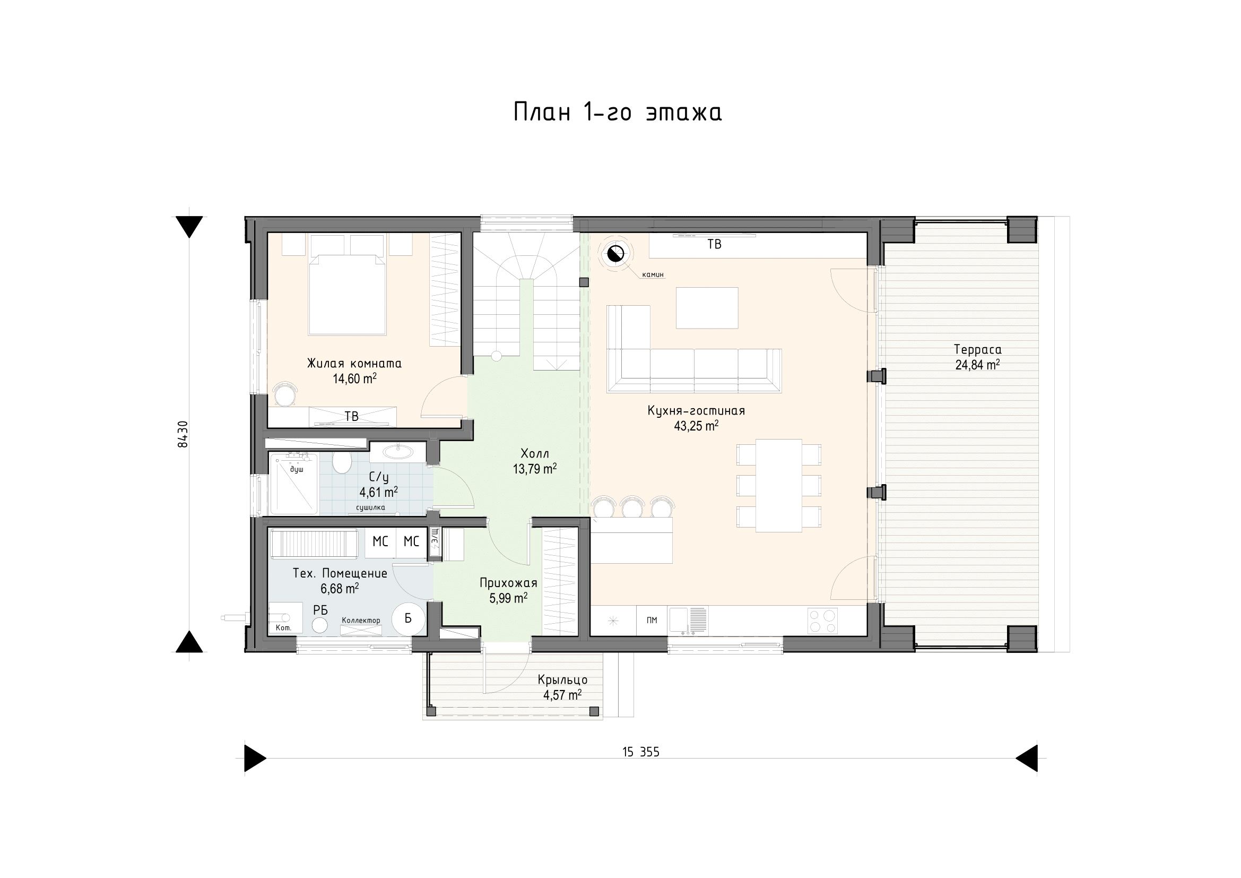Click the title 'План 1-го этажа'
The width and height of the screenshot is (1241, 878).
[x=617, y=113]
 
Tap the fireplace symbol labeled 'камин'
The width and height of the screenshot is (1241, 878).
[x=615, y=253]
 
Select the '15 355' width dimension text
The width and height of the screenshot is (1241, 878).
[x=640, y=752]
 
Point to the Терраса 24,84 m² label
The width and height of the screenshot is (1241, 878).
[x=977, y=357]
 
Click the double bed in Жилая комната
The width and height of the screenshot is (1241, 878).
[x=347, y=294]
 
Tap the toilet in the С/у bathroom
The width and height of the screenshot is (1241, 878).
[x=342, y=463]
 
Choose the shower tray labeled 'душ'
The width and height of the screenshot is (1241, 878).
[x=293, y=484]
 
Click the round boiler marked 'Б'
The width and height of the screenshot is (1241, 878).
[x=407, y=618]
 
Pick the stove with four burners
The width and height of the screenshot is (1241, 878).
[x=822, y=621]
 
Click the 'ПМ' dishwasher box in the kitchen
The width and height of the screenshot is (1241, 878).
[x=652, y=620]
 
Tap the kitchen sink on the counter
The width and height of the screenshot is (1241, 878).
[x=688, y=620]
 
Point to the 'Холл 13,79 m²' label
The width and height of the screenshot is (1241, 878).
[x=535, y=461]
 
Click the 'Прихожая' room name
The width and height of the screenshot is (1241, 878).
[x=508, y=583]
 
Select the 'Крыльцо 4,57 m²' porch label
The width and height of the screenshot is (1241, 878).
[x=562, y=687]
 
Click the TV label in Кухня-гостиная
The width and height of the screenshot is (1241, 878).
[x=714, y=244]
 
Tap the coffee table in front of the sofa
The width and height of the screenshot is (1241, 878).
[x=707, y=308]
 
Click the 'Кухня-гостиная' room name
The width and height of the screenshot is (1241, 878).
[x=696, y=411]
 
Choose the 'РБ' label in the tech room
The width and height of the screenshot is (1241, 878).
[x=320, y=610]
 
